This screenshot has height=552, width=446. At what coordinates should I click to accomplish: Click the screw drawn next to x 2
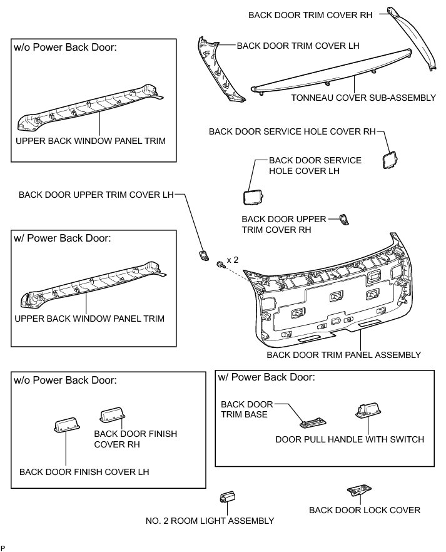220,265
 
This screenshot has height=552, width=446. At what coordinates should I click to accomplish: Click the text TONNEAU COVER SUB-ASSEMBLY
363,98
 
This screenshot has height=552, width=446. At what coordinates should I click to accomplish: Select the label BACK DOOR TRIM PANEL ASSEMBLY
343,355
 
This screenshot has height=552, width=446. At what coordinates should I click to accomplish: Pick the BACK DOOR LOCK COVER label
365,510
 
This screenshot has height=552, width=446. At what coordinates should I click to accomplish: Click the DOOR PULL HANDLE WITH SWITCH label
350,439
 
